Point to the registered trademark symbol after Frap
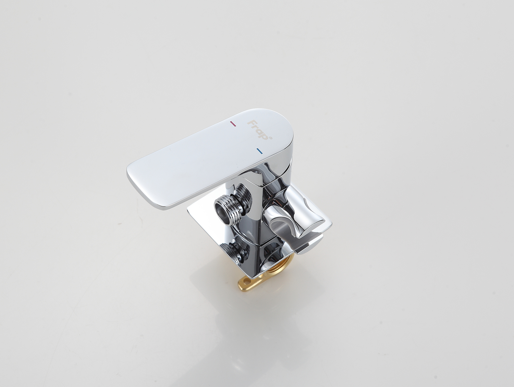pyautogui.click(x=271, y=138)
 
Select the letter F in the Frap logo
pyautogui.click(x=251, y=123)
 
